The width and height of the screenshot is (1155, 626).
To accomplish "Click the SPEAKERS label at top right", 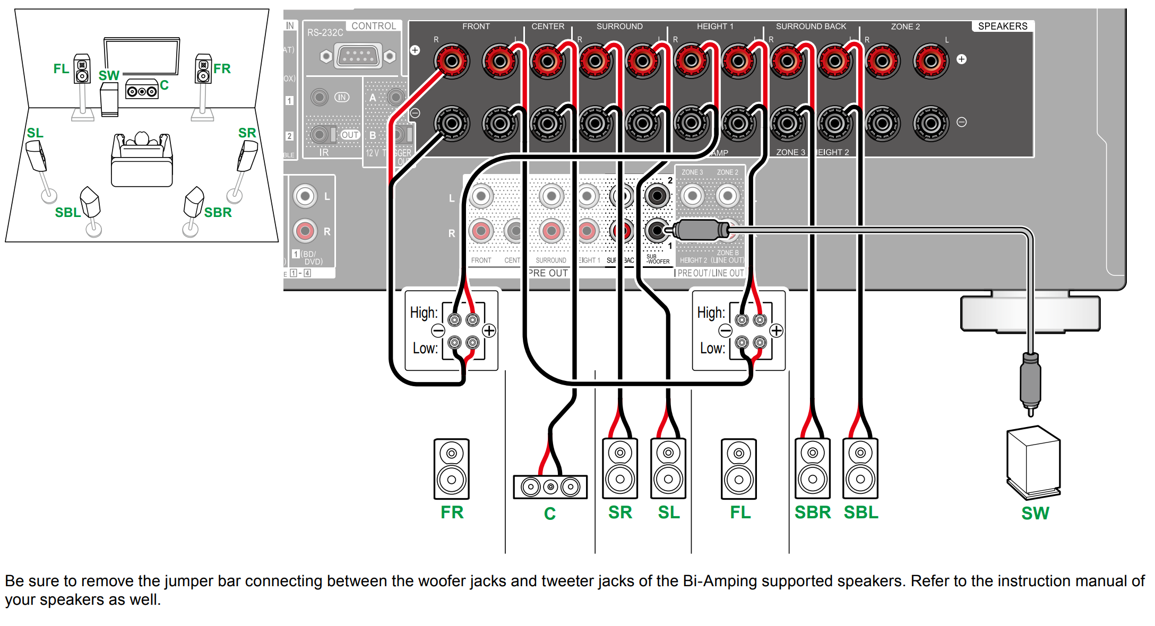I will [x=1002, y=26].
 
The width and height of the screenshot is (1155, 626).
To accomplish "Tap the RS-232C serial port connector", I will [x=358, y=56].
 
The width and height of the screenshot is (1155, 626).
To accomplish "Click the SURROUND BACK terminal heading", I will [x=811, y=26].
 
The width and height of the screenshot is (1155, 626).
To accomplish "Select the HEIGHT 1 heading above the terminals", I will [x=714, y=26].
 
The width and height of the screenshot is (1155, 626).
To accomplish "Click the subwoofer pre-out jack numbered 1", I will [x=657, y=230].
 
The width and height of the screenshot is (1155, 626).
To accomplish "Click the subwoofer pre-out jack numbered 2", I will [x=657, y=196].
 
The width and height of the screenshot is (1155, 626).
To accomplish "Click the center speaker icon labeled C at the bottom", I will [x=550, y=486].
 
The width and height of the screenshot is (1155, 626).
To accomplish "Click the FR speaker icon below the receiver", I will [x=451, y=468].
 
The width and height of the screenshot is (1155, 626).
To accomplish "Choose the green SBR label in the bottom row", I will [x=812, y=512].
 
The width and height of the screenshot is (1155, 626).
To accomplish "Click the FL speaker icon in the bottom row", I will [x=738, y=468].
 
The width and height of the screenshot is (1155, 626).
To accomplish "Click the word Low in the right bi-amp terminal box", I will [x=711, y=348].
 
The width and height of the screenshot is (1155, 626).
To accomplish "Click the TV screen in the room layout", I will [x=142, y=56].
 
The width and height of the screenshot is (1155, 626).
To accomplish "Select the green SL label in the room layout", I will [x=35, y=133].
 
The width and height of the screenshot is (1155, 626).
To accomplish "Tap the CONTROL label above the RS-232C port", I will [x=373, y=26].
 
